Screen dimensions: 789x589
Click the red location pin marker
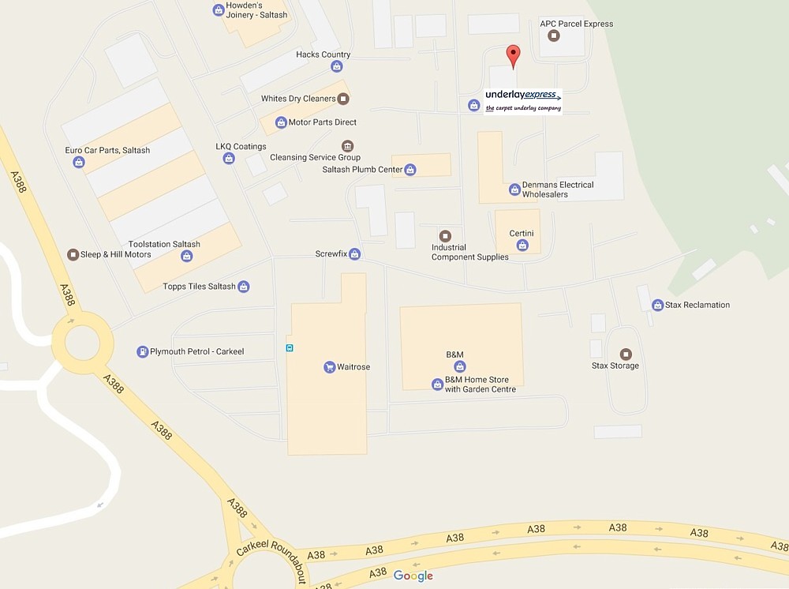click(513, 56)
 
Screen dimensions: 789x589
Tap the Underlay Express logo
click(523, 101)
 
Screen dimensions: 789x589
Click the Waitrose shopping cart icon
click(329, 367)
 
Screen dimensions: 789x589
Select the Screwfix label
click(331, 254)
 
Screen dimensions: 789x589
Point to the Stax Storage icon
click(626, 354)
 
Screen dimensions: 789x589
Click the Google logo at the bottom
click(413, 576)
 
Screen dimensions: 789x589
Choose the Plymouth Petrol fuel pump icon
click(142, 351)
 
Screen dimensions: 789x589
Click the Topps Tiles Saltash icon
click(244, 287)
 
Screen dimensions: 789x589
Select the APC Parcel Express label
click(576, 24)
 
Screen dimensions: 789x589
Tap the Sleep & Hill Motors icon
click(73, 254)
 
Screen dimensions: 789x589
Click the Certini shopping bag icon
click(522, 246)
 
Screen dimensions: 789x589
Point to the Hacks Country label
click(323, 54)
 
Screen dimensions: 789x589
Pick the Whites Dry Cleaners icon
click(343, 99)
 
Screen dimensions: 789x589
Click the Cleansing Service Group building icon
click(347, 146)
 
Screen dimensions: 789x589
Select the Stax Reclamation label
click(697, 305)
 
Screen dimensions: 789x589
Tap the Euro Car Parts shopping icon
click(79, 163)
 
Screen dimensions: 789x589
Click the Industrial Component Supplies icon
click(445, 236)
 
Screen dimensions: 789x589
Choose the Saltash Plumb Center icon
click(410, 170)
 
